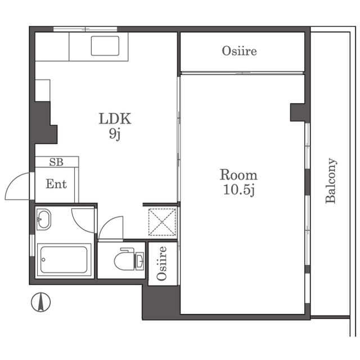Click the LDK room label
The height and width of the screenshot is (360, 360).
[115, 119]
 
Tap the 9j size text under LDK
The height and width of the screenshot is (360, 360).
[115, 134]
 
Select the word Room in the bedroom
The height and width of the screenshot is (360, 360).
[238, 175]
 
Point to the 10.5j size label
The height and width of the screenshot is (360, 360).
[239, 190]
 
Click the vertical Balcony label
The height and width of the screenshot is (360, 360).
[331, 181]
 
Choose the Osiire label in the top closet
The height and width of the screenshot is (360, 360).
[239, 51]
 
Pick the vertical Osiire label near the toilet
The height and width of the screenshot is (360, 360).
[161, 263]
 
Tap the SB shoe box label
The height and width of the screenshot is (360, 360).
[56, 162]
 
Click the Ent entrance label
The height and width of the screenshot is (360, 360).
[56, 184]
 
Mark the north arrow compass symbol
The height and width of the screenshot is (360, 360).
[41, 302]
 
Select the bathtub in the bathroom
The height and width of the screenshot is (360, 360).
[64, 260]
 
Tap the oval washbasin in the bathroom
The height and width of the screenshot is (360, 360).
[44, 219]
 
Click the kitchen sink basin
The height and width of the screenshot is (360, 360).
[105, 46]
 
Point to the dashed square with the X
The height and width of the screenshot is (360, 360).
[162, 222]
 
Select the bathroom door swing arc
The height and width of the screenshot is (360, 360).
[79, 225]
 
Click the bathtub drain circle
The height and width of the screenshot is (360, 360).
[44, 260]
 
